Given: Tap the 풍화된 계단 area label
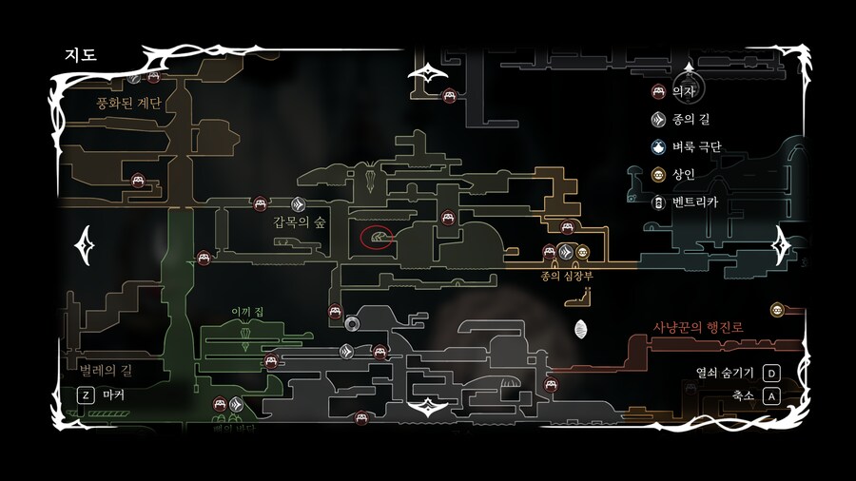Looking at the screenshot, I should pos(128,103).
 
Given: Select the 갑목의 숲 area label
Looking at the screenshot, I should pos(300,221).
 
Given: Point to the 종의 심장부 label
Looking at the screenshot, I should pos(566,275).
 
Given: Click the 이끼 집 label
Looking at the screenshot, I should pos(245,311).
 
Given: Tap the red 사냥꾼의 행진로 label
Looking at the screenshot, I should pos(697,327).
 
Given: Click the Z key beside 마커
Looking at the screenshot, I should pos(84,394).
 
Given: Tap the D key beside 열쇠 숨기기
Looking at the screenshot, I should pos(772,373).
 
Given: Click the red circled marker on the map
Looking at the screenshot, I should pos(379,237).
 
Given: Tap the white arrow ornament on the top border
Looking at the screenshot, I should pos(428,73).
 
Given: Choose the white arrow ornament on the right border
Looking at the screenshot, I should pos(786,243).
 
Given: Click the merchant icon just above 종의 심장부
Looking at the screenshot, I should pos(582,252).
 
